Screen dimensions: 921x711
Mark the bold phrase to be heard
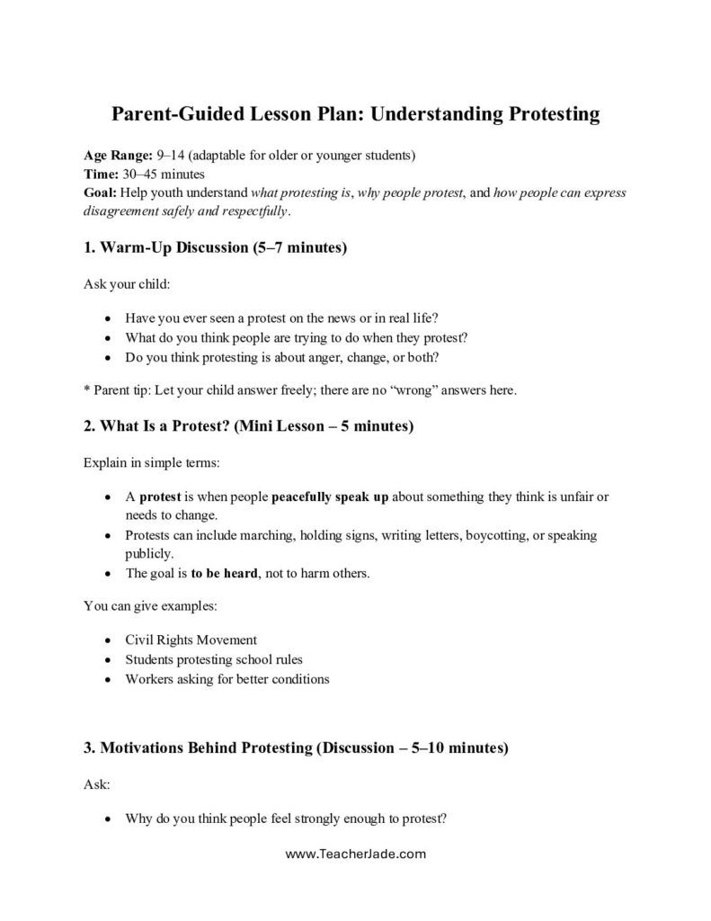224,573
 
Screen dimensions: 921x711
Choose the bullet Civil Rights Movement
191,640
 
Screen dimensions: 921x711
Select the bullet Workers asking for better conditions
227,678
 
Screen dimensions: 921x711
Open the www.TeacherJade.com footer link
355,854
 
